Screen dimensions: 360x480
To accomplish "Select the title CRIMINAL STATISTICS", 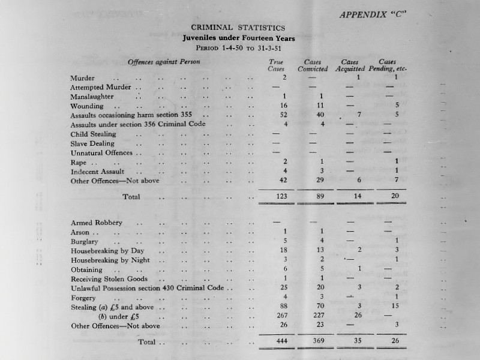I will pos(238,27).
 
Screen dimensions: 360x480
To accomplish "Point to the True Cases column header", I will pos(276,65).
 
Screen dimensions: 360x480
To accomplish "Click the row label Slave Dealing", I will pos(92,143).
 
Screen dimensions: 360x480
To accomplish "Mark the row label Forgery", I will pos(84,298).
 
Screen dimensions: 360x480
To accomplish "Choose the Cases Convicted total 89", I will pos(321,196).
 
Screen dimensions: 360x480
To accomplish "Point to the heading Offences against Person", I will pos(164,62).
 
